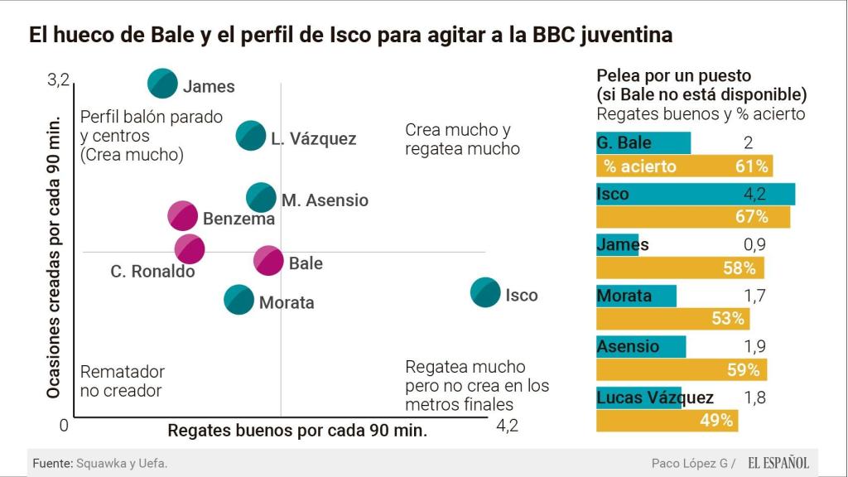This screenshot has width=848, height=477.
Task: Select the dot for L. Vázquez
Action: pos(251,135)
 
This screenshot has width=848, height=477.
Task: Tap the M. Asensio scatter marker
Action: pos(262,197)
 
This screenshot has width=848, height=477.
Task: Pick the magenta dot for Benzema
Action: pos(183,215)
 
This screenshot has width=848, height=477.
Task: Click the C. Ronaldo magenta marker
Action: pos(190,248)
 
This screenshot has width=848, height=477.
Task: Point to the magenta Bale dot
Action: pos(268,260)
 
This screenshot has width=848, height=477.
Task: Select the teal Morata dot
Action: pos(239,299)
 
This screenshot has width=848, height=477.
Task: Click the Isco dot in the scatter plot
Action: pos(485,291)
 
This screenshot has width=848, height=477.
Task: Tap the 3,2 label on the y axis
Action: pos(58,80)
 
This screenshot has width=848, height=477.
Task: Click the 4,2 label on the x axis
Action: pos(506,426)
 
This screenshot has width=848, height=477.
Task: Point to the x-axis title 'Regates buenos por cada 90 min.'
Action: pos(297,431)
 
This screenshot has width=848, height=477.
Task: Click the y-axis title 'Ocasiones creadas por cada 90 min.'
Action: pos(54,255)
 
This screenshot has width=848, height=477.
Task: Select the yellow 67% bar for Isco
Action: pos(693,217)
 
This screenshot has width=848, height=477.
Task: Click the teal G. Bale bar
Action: pos(643,142)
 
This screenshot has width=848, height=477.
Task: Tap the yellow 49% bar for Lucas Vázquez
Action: pos(667,421)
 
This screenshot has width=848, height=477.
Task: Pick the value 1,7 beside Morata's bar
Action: pos(754,296)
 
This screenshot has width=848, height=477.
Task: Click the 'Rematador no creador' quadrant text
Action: pos(121,381)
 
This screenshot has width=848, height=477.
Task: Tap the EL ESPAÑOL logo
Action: pos(778,463)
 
